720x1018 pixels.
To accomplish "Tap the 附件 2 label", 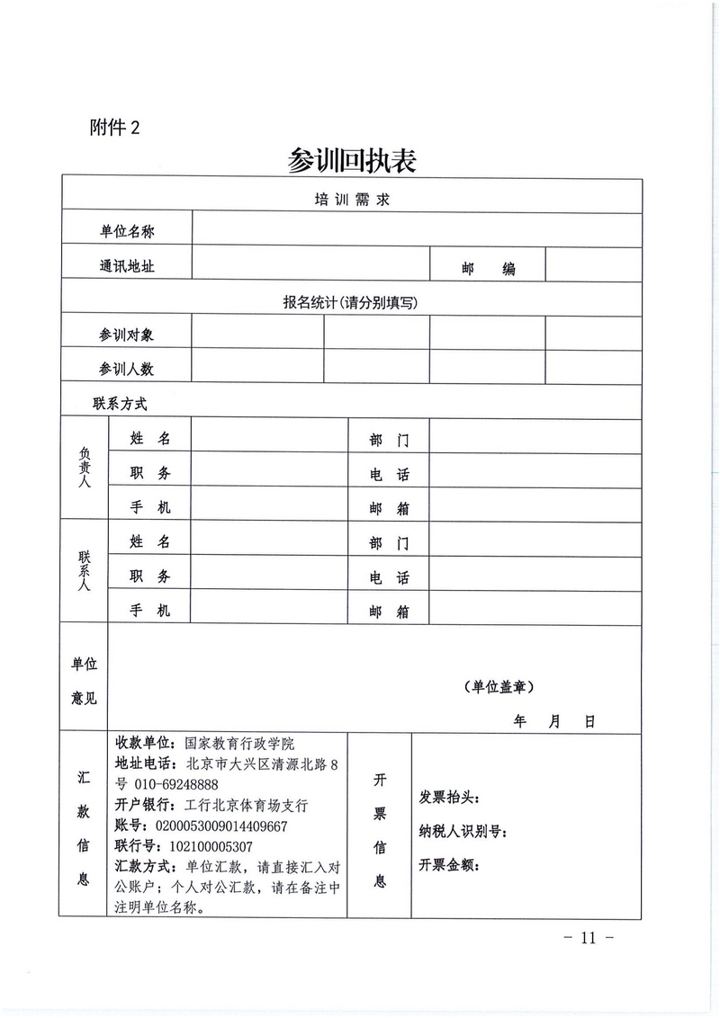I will [x=115, y=127].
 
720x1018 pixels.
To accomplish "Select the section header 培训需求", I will [x=352, y=199].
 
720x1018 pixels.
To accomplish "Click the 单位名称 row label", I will [x=127, y=232].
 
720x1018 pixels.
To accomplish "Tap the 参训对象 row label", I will [x=127, y=335].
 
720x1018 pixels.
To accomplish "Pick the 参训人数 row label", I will [x=127, y=369].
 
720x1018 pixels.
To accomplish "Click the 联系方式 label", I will [x=120, y=404].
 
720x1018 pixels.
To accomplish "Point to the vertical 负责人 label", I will [x=85, y=470].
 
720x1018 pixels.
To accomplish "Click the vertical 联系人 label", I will [x=85, y=572].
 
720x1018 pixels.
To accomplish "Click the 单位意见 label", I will [x=85, y=681].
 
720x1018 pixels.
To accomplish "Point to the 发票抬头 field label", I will [x=450, y=798].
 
